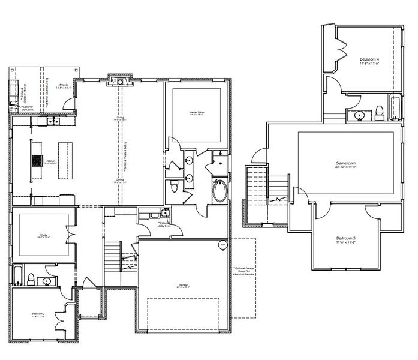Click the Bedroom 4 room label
(x=369, y=61)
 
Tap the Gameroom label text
(x=346, y=163)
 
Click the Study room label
(x=44, y=236)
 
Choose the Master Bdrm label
(x=197, y=112)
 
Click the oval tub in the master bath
(x=220, y=192)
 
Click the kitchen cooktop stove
(x=35, y=160)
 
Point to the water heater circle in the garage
(x=222, y=244)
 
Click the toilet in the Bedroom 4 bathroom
(x=380, y=112)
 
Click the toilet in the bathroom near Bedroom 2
(x=46, y=280)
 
